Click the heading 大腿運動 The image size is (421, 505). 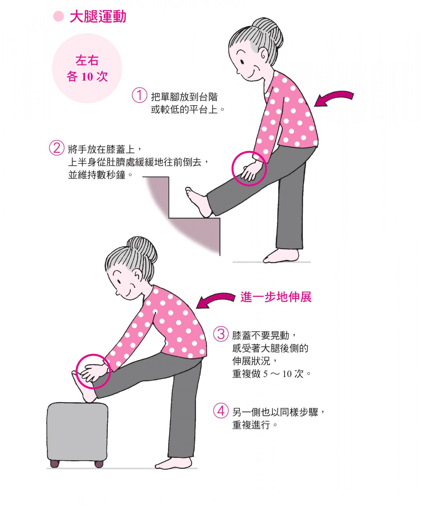coord(98,16)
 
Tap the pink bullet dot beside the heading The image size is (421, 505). coord(59,16)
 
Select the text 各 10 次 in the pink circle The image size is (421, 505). coord(87,77)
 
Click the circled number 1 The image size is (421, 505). coord(139,95)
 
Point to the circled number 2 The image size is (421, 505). coord(56,148)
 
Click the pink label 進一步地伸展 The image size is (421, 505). coord(276,297)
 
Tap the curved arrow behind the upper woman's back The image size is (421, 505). coord(334,98)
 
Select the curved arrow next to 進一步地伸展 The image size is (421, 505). coord(216,300)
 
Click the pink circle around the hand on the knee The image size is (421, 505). coord(249,168)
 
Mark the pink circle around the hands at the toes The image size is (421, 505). coord(93,371)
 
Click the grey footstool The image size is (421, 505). coord(77,431)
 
